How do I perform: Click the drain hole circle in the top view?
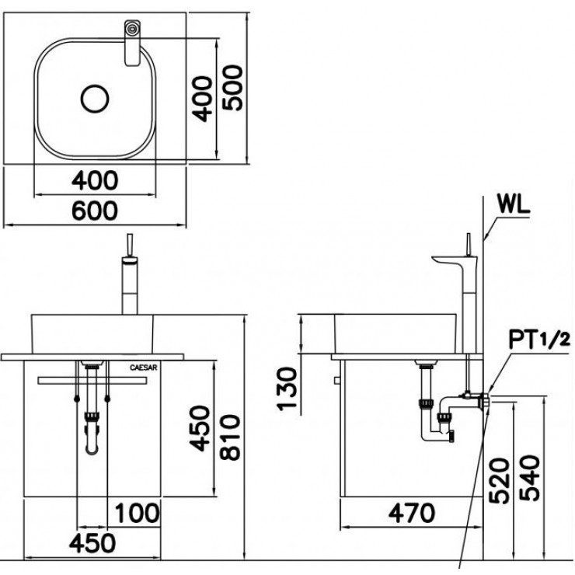[96, 99]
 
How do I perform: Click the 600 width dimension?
[95, 210]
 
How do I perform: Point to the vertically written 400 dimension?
[202, 98]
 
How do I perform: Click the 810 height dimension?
[230, 437]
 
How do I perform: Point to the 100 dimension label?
[138, 513]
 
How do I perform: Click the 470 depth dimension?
[412, 513]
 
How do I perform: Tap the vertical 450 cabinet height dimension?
[200, 428]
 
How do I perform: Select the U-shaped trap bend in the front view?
[92, 449]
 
